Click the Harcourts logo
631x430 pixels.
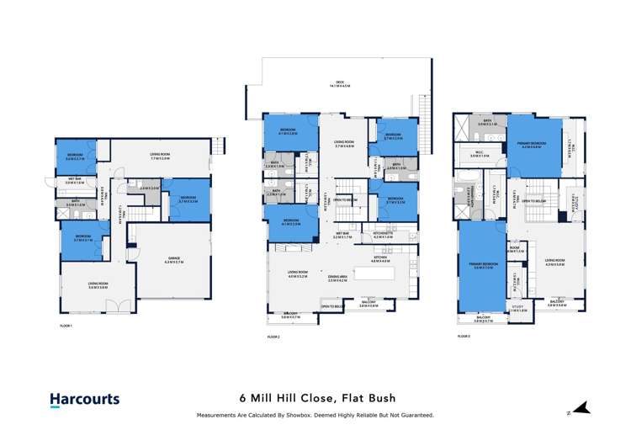click(84, 401)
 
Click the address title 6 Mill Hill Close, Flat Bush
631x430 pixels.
click(315, 399)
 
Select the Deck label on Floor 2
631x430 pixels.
click(339, 83)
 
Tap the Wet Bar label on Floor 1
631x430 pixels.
click(75, 180)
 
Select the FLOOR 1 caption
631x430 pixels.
click(66, 325)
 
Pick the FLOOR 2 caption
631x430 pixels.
click(273, 336)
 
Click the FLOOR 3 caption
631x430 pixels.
click(464, 336)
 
